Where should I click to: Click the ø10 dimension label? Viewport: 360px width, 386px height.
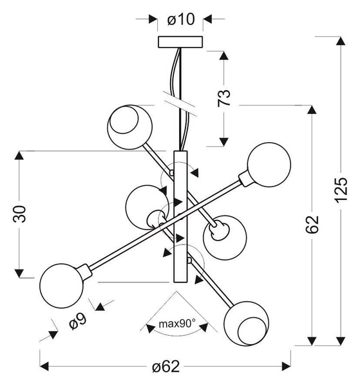click(x=181, y=19)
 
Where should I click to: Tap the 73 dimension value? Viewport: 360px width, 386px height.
click(x=224, y=98)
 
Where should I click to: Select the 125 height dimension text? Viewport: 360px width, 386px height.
click(x=341, y=190)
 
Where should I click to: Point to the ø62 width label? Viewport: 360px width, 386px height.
click(x=166, y=367)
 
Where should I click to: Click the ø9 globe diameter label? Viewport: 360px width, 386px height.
click(x=78, y=321)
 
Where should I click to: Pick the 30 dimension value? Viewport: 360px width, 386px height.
click(x=19, y=214)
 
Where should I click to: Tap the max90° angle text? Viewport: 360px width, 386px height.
click(x=177, y=324)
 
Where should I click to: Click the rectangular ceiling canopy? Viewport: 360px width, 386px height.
click(x=180, y=42)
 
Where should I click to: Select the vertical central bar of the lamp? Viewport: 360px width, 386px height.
click(x=180, y=216)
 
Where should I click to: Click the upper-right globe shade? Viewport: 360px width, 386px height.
click(x=269, y=164)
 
